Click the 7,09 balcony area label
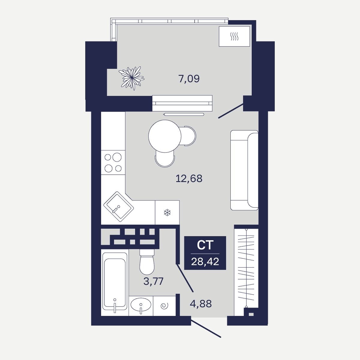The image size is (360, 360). tap(189, 79)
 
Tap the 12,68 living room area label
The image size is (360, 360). tap(189, 178)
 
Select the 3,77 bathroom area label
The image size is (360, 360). tap(153, 281)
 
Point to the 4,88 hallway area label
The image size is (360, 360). tap(201, 304)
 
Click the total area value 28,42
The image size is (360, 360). tap(205, 262)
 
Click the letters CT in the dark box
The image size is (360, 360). tap(205, 245)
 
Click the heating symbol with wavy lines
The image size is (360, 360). tap(234, 36)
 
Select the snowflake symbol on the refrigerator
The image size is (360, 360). tap(167, 213)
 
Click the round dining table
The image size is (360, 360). tap(165, 136)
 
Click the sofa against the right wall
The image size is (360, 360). tap(244, 170)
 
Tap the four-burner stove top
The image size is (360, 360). tap(113, 163)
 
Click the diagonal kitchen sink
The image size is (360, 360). tap(118, 207)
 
